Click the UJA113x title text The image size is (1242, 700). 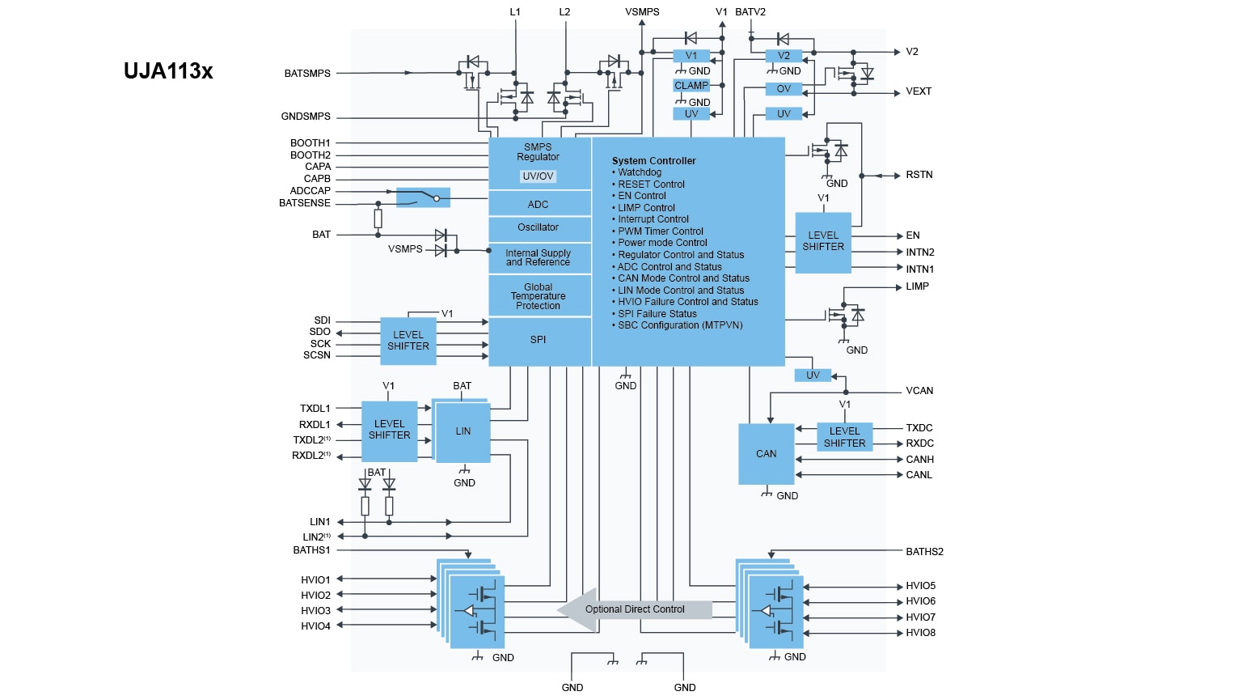(x=168, y=71)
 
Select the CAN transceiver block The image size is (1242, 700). (x=766, y=454)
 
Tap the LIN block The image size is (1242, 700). (x=463, y=431)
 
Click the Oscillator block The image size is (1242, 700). (x=539, y=227)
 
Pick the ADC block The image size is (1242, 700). (x=539, y=205)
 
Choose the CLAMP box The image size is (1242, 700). (x=691, y=86)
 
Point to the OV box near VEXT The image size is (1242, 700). (x=784, y=89)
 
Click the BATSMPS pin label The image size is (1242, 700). (x=307, y=74)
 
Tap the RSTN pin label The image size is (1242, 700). (x=919, y=175)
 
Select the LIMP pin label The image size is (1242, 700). (x=917, y=286)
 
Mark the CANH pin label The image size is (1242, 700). (x=919, y=460)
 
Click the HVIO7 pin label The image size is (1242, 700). (x=920, y=617)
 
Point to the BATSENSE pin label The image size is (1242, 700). (x=305, y=203)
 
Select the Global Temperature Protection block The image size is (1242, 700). (x=539, y=296)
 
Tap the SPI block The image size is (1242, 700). (x=539, y=340)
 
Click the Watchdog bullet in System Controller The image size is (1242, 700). (x=640, y=172)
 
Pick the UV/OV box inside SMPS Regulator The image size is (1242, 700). (x=539, y=176)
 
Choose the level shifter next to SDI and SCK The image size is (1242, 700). (x=408, y=341)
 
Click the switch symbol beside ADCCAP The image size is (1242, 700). (x=423, y=197)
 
